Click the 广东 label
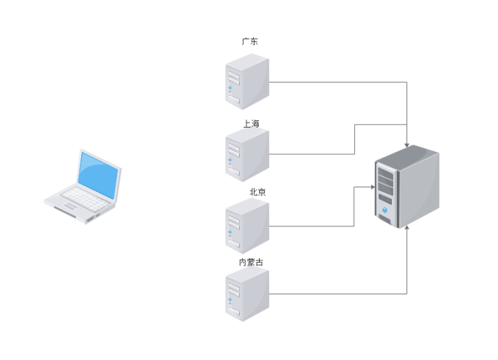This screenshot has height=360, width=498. coord(250,42)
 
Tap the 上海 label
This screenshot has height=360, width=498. coord(251,123)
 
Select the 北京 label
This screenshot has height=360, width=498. coord(257,192)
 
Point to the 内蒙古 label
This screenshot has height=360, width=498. coord(250,262)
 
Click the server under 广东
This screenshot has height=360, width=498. coord(246,82)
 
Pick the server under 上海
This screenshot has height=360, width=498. coord(246,154)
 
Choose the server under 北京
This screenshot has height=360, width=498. coord(246,226)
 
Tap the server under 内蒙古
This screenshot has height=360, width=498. coord(246,294)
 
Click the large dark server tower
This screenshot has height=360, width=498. coord(407,187)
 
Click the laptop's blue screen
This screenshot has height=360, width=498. coord(99,176)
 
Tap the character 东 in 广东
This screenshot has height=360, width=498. coord(255,42)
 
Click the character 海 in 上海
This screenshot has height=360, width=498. coord(255,123)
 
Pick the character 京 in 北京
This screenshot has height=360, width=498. coord(262,192)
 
